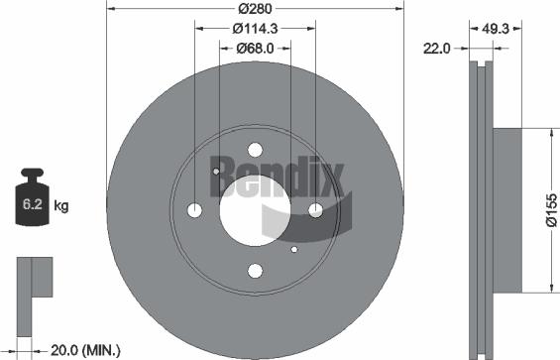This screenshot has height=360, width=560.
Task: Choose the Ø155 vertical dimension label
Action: click(549, 211)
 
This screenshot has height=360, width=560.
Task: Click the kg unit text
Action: click(60, 206)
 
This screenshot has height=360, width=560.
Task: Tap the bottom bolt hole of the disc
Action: click(255, 271)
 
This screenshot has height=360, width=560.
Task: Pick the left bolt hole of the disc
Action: click(194, 210)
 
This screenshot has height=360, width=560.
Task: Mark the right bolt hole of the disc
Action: click(316, 210)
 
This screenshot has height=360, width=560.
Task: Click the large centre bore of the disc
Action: click(255, 210)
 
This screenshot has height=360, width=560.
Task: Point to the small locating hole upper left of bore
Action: click(216, 172)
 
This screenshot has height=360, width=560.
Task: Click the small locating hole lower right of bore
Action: click(294, 248)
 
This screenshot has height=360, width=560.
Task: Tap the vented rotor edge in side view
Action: click(480, 210)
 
